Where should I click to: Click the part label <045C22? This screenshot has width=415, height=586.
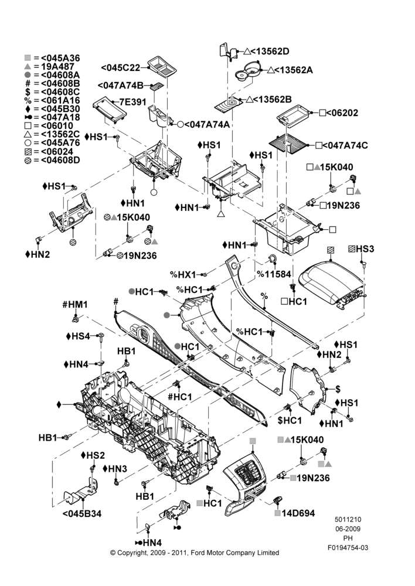[120, 67]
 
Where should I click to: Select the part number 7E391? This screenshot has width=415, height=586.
[132, 101]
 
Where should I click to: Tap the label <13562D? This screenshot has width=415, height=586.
[270, 51]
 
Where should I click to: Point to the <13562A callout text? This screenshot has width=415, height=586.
[294, 70]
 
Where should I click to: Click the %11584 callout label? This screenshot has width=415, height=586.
[274, 274]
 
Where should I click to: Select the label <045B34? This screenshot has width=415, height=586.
[82, 513]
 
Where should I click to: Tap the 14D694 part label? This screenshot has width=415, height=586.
[298, 513]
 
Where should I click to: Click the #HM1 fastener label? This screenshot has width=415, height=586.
[75, 305]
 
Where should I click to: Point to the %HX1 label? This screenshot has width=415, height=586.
[183, 275]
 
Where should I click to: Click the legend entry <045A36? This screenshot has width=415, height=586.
[60, 58]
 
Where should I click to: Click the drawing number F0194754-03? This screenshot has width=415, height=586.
[348, 548]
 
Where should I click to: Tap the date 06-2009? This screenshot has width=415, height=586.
[348, 529]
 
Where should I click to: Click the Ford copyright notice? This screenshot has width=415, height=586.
[195, 553]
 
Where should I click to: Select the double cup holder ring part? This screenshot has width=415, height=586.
[249, 70]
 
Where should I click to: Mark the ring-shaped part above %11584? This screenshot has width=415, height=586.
[273, 259]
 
